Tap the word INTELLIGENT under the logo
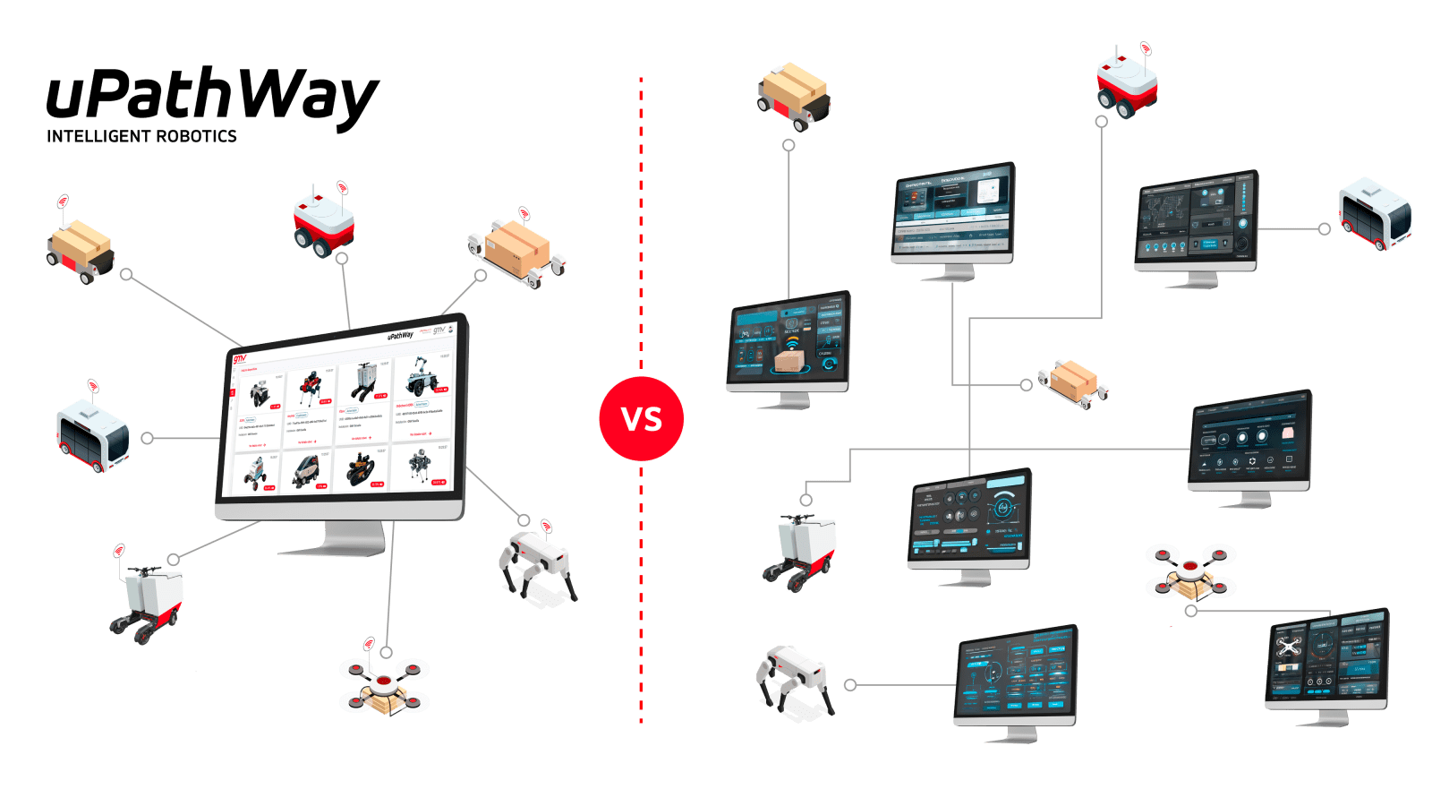98,136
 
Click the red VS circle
642,418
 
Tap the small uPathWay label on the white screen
399,336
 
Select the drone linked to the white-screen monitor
384,685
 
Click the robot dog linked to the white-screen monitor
538,564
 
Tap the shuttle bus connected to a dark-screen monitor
1375,215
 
